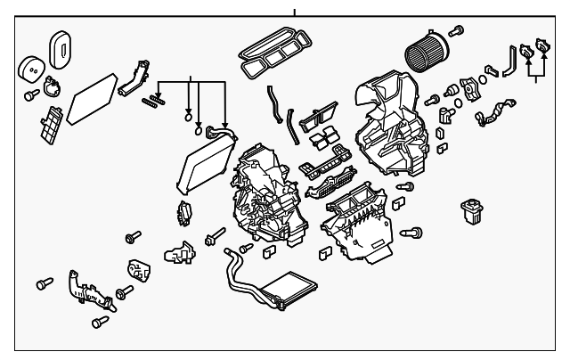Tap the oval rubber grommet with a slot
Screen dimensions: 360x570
tap(61, 46)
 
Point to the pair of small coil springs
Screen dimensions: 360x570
tap(154, 99)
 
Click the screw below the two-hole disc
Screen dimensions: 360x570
tap(30, 94)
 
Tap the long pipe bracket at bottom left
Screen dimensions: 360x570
tap(88, 290)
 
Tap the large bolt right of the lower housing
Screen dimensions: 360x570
tap(411, 233)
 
